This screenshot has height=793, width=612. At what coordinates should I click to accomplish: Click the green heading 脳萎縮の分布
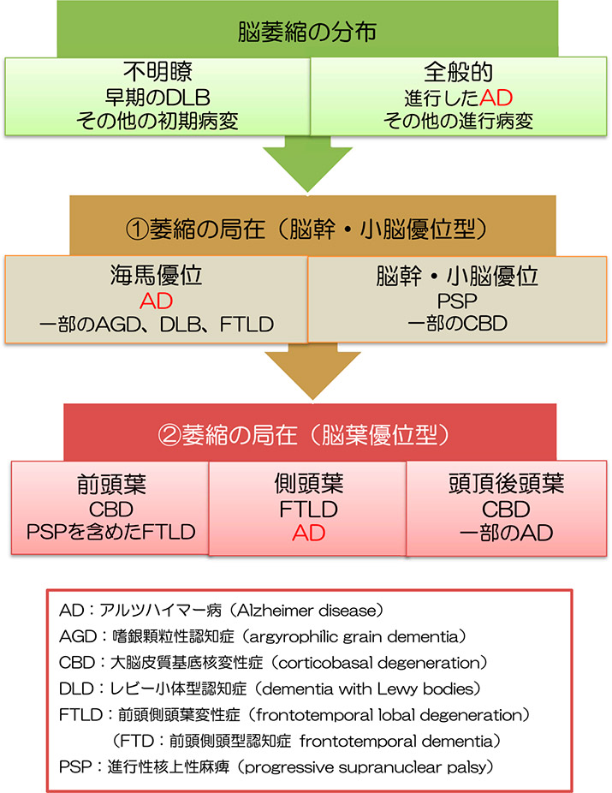click(306, 32)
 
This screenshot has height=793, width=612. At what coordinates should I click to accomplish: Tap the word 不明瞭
click(157, 72)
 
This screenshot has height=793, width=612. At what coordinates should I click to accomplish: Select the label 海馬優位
click(157, 278)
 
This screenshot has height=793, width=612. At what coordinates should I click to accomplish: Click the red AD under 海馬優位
click(157, 302)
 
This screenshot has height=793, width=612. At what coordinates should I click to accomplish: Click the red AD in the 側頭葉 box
click(308, 533)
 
